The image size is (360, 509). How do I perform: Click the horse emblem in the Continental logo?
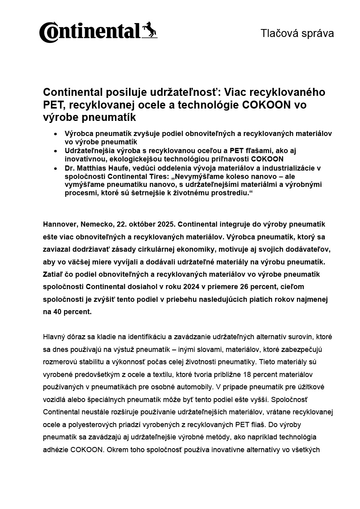coord(150,30)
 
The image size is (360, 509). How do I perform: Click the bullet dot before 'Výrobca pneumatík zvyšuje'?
coord(55,134)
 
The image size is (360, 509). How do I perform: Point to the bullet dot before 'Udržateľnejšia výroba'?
coord(55,151)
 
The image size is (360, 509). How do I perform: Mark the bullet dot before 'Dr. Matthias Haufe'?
coord(55,168)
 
